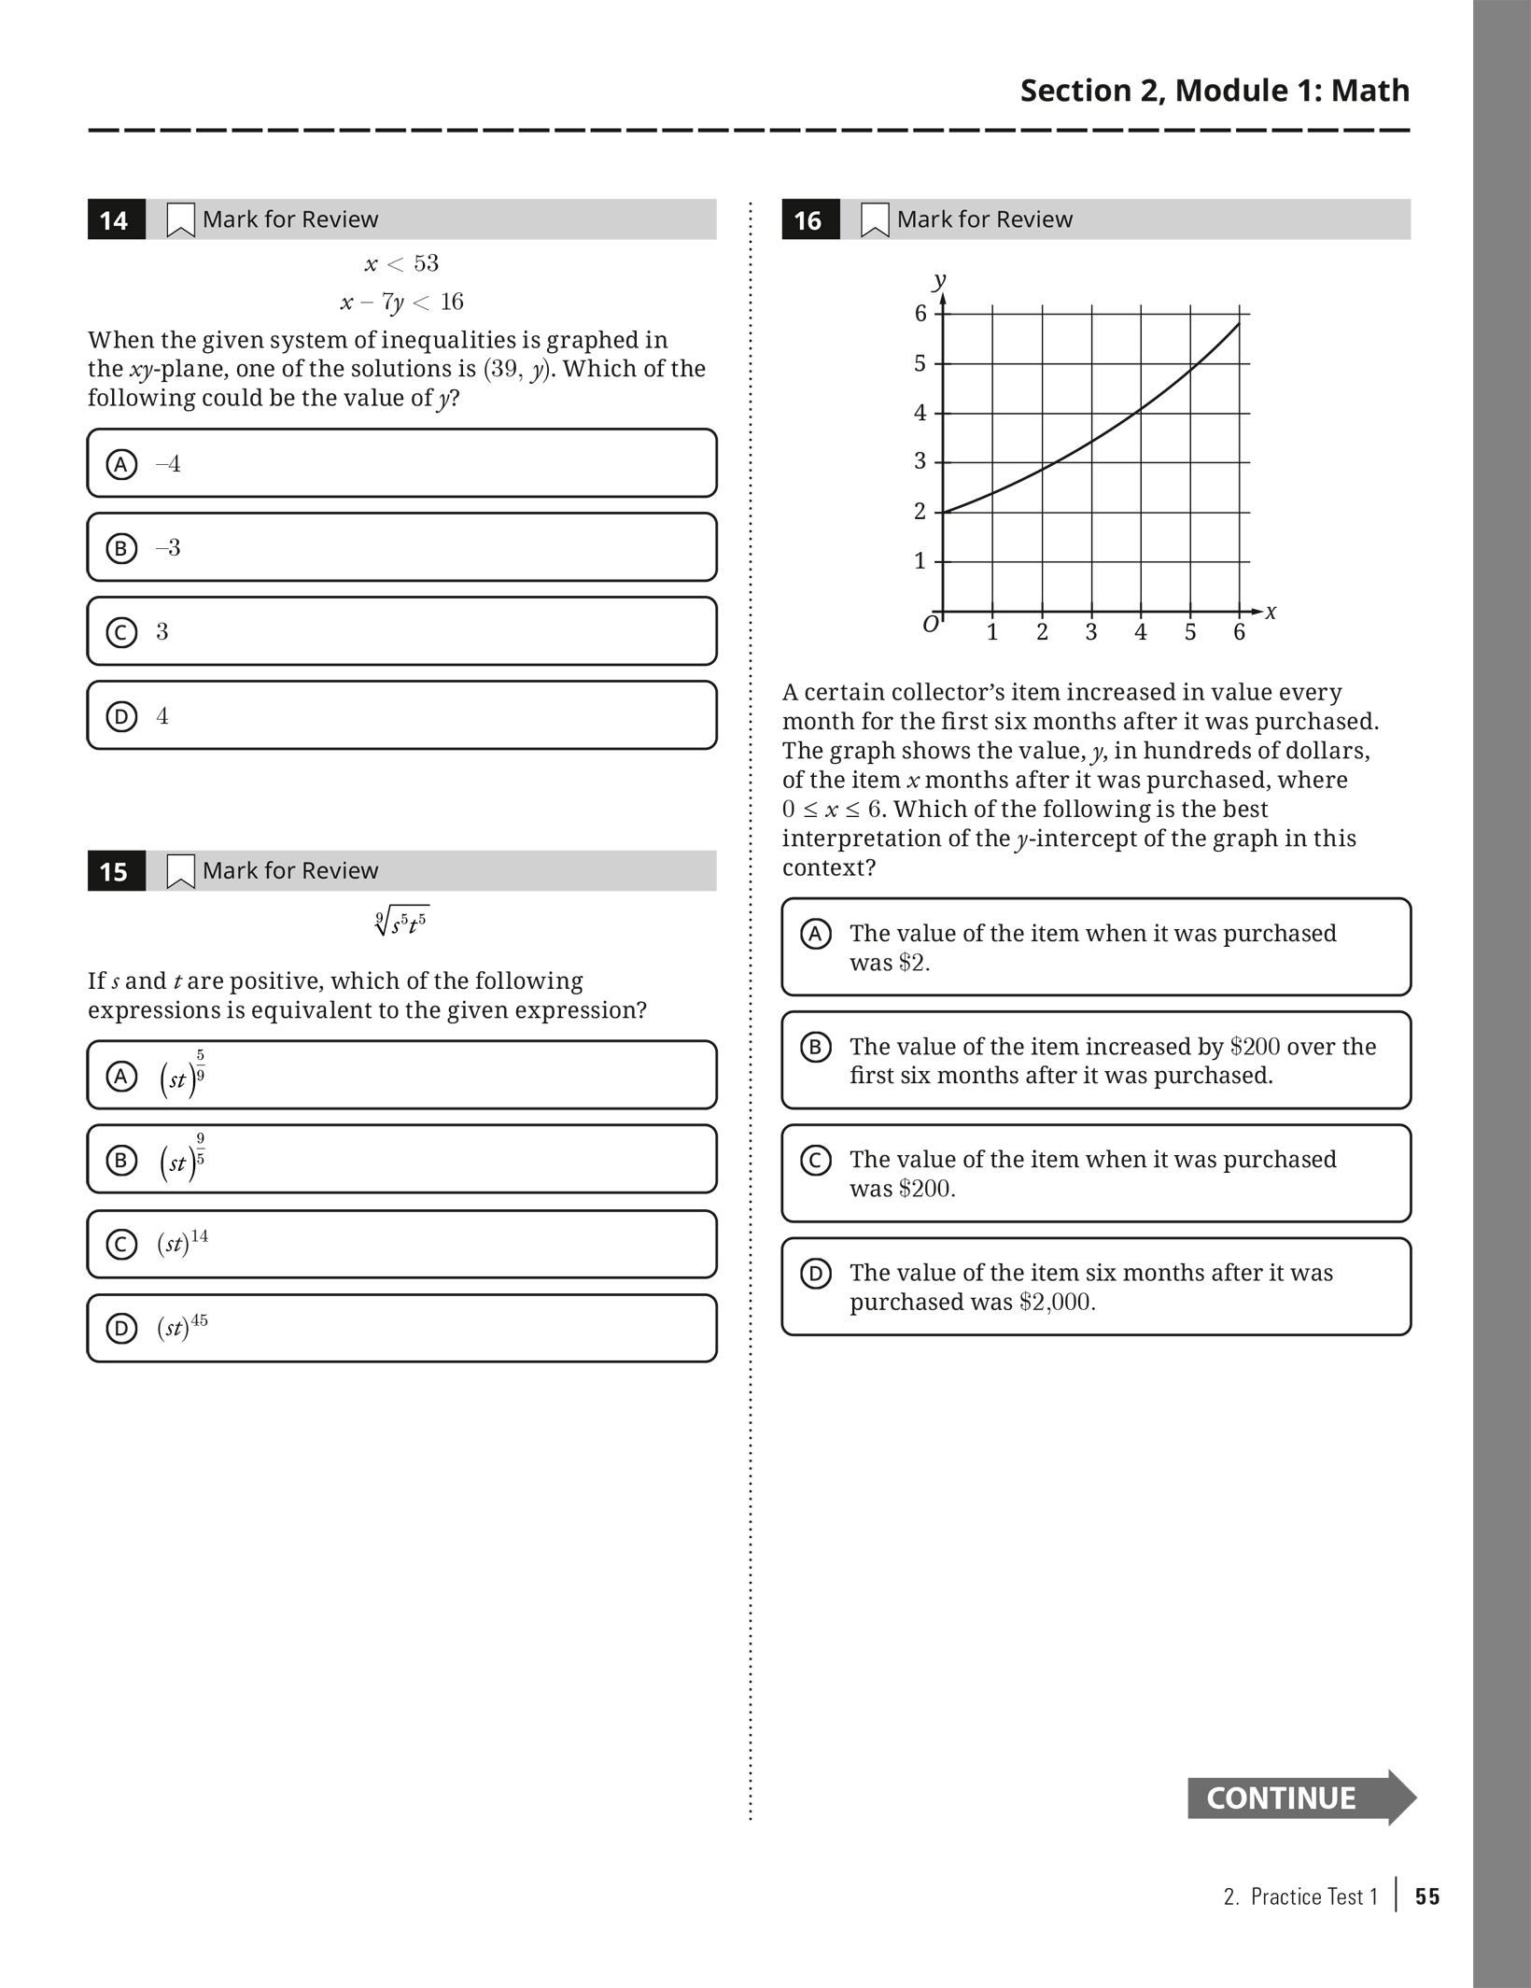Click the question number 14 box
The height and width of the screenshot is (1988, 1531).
[116, 219]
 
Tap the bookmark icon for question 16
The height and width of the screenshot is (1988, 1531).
[874, 219]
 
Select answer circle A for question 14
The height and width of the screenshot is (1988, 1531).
[121, 464]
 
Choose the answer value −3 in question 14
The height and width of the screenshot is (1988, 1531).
[168, 548]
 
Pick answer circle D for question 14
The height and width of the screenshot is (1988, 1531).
[121, 716]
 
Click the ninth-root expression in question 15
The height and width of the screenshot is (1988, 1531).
[401, 923]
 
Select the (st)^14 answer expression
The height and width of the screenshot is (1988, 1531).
[183, 1243]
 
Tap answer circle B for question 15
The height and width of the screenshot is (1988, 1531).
[121, 1161]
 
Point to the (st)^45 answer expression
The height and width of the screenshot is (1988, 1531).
[183, 1327]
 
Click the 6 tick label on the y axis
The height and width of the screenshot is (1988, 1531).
[920, 314]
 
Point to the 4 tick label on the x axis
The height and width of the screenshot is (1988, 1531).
[1140, 633]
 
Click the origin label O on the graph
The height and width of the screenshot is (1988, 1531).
[931, 625]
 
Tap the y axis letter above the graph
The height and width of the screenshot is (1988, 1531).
[939, 279]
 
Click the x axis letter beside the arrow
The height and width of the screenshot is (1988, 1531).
[1271, 613]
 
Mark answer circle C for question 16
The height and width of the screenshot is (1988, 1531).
[816, 1161]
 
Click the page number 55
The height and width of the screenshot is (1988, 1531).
[1426, 1896]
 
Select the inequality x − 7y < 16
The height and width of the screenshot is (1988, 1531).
[401, 302]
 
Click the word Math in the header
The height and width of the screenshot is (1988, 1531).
[1369, 91]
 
